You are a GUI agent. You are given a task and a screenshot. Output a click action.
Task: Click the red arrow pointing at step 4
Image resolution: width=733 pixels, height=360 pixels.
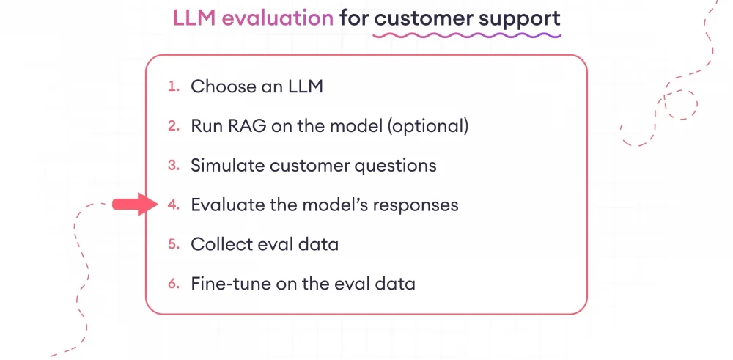(x=134, y=205)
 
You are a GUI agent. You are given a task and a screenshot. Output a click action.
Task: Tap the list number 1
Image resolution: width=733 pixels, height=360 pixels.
(x=173, y=87)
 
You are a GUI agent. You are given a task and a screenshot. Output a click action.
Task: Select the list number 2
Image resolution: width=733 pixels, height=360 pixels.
(x=173, y=126)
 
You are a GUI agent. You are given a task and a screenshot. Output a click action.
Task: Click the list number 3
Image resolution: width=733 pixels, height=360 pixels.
(x=173, y=165)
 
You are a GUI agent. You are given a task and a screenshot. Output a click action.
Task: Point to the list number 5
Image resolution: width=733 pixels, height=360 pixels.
(x=173, y=244)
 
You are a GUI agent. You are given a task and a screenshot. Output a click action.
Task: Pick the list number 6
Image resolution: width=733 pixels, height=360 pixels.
(x=173, y=283)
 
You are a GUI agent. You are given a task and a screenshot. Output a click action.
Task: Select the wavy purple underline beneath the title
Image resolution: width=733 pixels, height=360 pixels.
(x=467, y=34)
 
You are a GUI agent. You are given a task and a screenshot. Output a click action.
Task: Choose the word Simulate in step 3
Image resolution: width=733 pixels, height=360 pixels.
(x=227, y=166)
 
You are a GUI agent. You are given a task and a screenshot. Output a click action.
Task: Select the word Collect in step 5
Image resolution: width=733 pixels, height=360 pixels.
(x=218, y=244)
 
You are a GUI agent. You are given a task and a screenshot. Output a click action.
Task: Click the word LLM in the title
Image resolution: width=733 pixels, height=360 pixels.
(x=193, y=18)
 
